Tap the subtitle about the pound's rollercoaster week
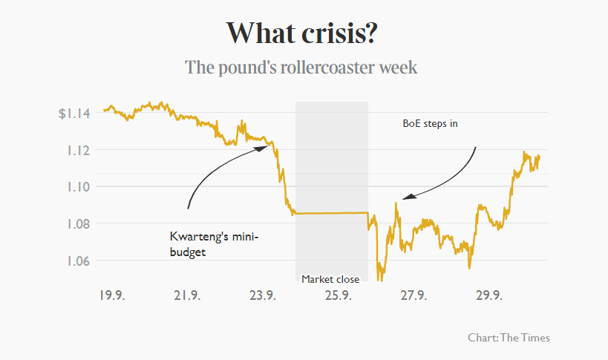click(x=301, y=68)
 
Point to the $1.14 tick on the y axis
click(x=74, y=114)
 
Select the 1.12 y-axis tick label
click(x=78, y=150)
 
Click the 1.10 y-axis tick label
click(x=78, y=187)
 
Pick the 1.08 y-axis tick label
click(x=78, y=223)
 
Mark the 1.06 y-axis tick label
click(x=78, y=261)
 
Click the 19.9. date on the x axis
click(x=111, y=295)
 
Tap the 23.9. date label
click(x=262, y=295)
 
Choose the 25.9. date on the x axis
click(x=338, y=295)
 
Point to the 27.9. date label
click(x=413, y=295)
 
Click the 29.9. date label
click(x=488, y=295)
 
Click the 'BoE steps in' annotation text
click(x=430, y=124)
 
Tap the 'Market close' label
click(x=330, y=279)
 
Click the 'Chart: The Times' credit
click(x=509, y=338)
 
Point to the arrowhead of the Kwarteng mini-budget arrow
click(x=264, y=147)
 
